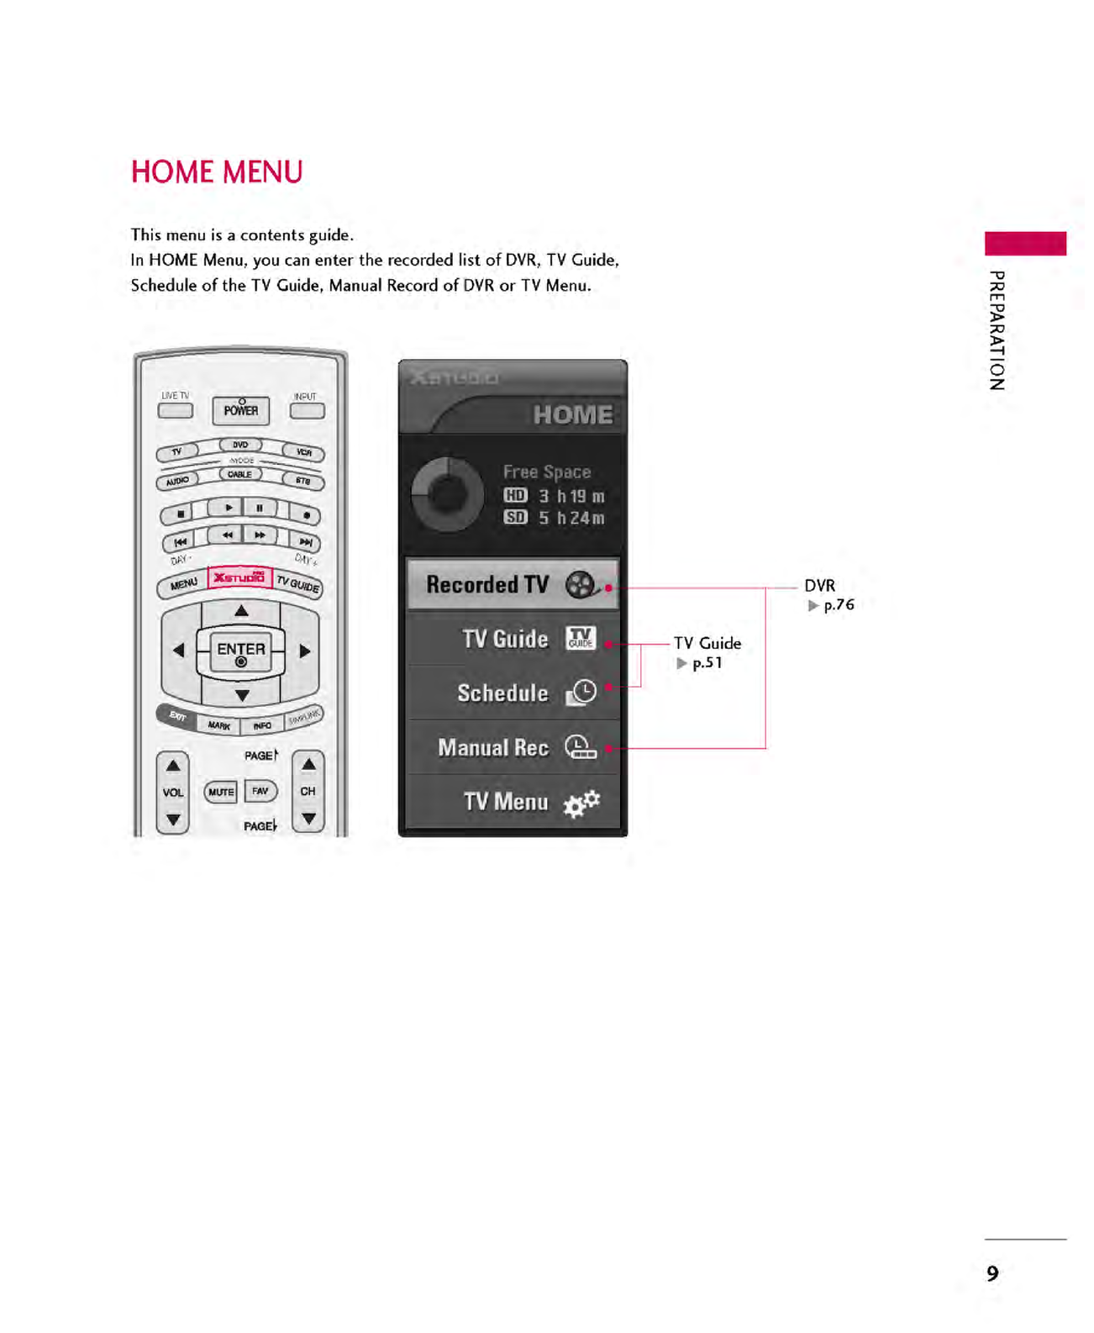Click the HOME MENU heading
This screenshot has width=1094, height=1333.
pos(217,172)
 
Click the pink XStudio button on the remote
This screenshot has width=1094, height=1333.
pos(239,577)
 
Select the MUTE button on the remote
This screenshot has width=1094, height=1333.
pos(221,792)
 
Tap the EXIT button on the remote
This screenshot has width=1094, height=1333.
pos(177,716)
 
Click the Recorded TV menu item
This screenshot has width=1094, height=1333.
pos(487,584)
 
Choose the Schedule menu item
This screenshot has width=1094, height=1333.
pos(502,693)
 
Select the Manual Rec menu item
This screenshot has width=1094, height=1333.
pos(493,747)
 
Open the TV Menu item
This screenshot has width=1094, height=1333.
pos(506,802)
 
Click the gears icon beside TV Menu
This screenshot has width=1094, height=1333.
pos(581,803)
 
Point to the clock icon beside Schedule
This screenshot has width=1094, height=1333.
pos(581,693)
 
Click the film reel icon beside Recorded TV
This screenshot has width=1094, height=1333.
pos(581,584)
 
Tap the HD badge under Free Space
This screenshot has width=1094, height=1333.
pos(515,496)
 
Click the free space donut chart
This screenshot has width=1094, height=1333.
pos(447,495)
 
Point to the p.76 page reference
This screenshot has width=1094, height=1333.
pos(838,605)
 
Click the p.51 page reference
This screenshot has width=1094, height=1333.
pos(707,663)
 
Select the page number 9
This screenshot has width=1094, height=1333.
pos(992,1274)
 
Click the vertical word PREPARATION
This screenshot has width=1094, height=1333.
pos(997,330)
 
